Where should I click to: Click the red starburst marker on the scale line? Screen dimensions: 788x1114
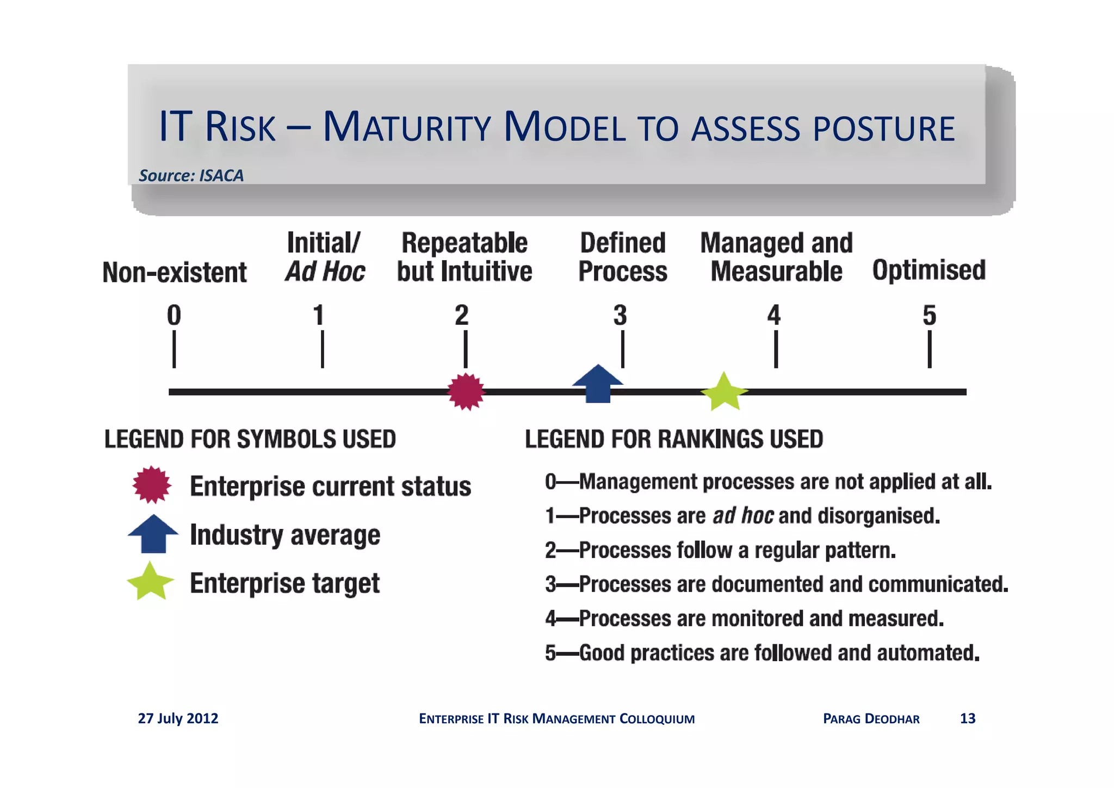pos(466,391)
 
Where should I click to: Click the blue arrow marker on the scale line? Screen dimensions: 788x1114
pos(598,384)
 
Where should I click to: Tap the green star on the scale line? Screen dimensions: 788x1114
pos(724,392)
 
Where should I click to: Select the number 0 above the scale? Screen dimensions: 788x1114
pos(174,316)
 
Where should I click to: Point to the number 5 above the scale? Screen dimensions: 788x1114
pos(929,316)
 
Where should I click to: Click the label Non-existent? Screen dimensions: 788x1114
pos(175,272)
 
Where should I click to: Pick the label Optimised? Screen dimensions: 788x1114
pos(929,270)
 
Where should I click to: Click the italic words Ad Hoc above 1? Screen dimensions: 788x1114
pos(325,272)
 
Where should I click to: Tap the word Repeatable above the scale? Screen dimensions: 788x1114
pos(465,243)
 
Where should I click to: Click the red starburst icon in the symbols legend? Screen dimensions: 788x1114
pos(152,484)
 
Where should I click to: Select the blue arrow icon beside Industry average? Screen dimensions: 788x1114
pos(153,534)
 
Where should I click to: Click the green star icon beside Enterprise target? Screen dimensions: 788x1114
pos(150,582)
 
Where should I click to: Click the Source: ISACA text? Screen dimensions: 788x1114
pos(191,175)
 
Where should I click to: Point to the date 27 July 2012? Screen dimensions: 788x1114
pos(178,718)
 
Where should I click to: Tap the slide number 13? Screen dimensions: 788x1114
pos(967,718)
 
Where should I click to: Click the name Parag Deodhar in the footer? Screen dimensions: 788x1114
pos(871,718)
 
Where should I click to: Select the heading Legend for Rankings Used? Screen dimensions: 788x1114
pos(673,439)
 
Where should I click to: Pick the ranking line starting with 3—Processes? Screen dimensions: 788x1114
pos(776,584)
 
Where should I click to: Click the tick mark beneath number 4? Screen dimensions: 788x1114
pos(776,350)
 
